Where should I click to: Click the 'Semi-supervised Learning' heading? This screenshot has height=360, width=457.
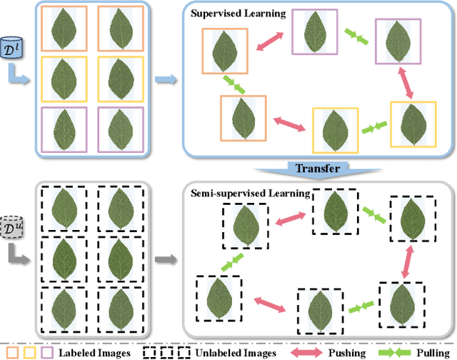click(x=250, y=193)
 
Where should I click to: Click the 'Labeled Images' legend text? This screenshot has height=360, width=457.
click(x=94, y=352)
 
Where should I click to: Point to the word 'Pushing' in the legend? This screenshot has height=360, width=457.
click(x=348, y=352)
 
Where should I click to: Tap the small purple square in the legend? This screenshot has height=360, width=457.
click(x=47, y=352)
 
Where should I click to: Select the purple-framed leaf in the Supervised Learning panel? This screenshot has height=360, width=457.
click(x=316, y=33)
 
